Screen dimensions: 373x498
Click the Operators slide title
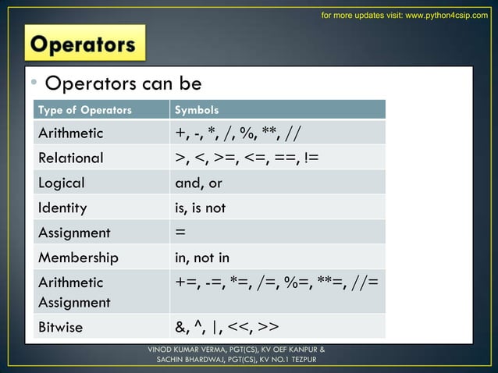(x=84, y=44)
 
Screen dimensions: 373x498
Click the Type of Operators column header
(x=86, y=109)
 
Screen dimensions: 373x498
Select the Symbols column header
(x=197, y=109)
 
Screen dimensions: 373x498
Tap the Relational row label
(x=71, y=158)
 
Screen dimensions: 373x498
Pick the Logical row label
(x=62, y=183)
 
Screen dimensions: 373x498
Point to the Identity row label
(x=62, y=208)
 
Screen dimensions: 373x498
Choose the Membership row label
(x=79, y=258)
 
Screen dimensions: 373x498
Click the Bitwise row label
(x=61, y=326)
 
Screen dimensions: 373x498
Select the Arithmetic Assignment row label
(x=75, y=292)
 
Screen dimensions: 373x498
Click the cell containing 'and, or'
(x=199, y=183)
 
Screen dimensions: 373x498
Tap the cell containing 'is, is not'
(x=201, y=208)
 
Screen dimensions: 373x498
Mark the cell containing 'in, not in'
(x=202, y=258)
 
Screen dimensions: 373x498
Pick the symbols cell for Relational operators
(x=247, y=158)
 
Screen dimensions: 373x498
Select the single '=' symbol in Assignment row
(x=180, y=233)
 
